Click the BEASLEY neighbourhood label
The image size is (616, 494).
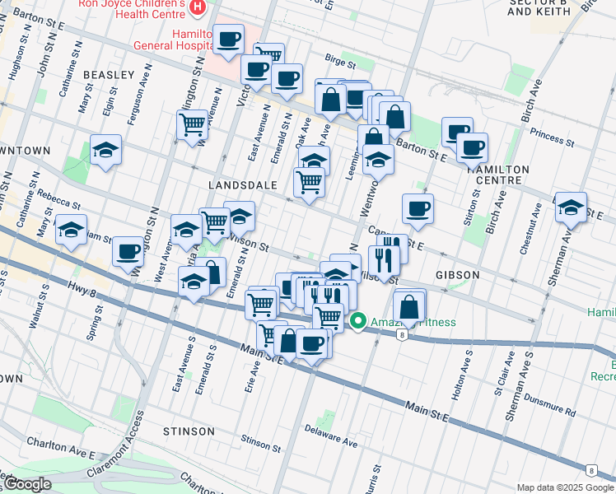[109, 75]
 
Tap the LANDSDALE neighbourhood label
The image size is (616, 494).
[243, 185]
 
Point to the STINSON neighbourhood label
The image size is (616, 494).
[189, 431]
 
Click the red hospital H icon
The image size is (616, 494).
[197, 7]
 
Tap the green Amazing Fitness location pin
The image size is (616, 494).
[358, 321]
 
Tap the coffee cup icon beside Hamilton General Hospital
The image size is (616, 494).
[230, 38]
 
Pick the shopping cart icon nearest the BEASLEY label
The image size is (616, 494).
[192, 124]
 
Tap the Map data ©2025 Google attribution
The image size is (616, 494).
[565, 487]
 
